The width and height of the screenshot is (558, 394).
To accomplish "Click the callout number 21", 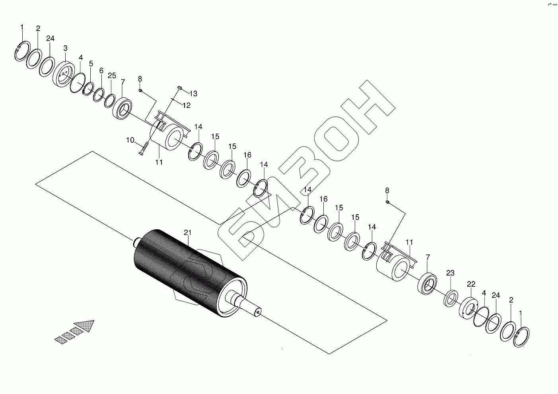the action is click(188, 232).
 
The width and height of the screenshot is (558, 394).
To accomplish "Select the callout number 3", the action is click(65, 48).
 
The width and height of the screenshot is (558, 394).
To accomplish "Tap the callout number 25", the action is click(112, 76).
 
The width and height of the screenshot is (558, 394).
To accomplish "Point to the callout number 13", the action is click(193, 94).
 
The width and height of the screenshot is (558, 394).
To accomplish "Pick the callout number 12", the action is click(186, 105).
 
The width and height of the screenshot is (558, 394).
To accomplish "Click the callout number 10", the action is click(130, 140).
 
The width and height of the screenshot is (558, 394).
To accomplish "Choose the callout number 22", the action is click(471, 284).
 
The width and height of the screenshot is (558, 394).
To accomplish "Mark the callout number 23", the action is click(450, 273).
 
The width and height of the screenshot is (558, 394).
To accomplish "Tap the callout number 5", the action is click(91, 64).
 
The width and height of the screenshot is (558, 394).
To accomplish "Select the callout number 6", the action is click(101, 71).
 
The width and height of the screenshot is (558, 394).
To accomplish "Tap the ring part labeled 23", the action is click(451, 298).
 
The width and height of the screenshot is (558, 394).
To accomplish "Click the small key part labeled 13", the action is click(179, 87).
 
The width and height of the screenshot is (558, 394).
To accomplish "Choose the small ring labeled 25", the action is click(110, 101).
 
